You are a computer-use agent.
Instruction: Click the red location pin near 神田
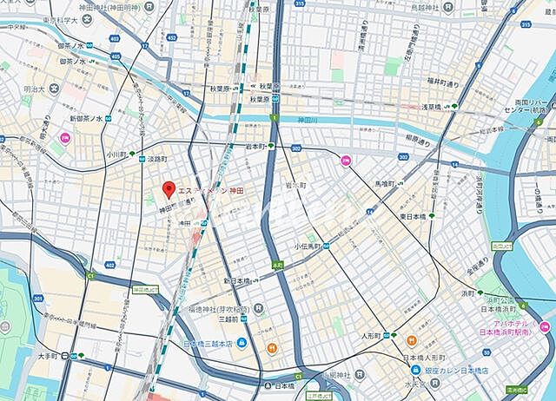[169, 189]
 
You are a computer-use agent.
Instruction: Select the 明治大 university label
[35, 89]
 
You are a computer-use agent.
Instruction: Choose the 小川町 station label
[116, 154]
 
